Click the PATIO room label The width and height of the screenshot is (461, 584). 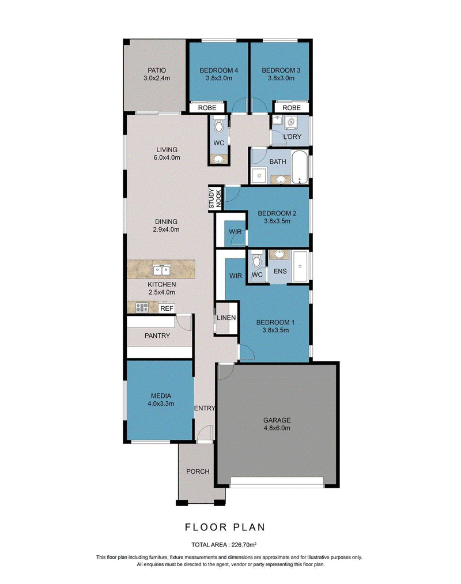pyautogui.click(x=157, y=70)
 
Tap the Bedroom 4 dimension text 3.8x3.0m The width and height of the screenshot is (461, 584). pyautogui.click(x=219, y=78)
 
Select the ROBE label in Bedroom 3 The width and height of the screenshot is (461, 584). pyautogui.click(x=292, y=108)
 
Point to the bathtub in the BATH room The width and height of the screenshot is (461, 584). pyautogui.click(x=300, y=167)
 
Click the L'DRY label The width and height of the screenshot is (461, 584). pyautogui.click(x=292, y=137)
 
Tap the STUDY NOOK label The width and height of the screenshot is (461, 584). pyautogui.click(x=215, y=198)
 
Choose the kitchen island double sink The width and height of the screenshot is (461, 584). pyautogui.click(x=161, y=270)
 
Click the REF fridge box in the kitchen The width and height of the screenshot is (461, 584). pyautogui.click(x=167, y=308)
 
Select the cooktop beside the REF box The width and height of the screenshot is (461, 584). pyautogui.click(x=142, y=307)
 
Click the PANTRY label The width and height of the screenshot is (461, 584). pyautogui.click(x=157, y=336)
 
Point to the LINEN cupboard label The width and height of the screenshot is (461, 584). pyautogui.click(x=226, y=318)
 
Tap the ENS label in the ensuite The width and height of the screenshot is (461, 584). pyautogui.click(x=280, y=271)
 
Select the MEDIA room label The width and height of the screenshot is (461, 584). pyautogui.click(x=161, y=395)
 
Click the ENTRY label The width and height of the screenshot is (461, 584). pyautogui.click(x=205, y=408)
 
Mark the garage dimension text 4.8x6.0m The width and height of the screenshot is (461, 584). pyautogui.click(x=277, y=428)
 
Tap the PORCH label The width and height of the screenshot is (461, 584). pyautogui.click(x=198, y=471)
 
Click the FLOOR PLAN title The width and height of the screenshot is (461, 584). pyautogui.click(x=225, y=527)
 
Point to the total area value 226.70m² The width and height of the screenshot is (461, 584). pyautogui.click(x=244, y=545)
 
